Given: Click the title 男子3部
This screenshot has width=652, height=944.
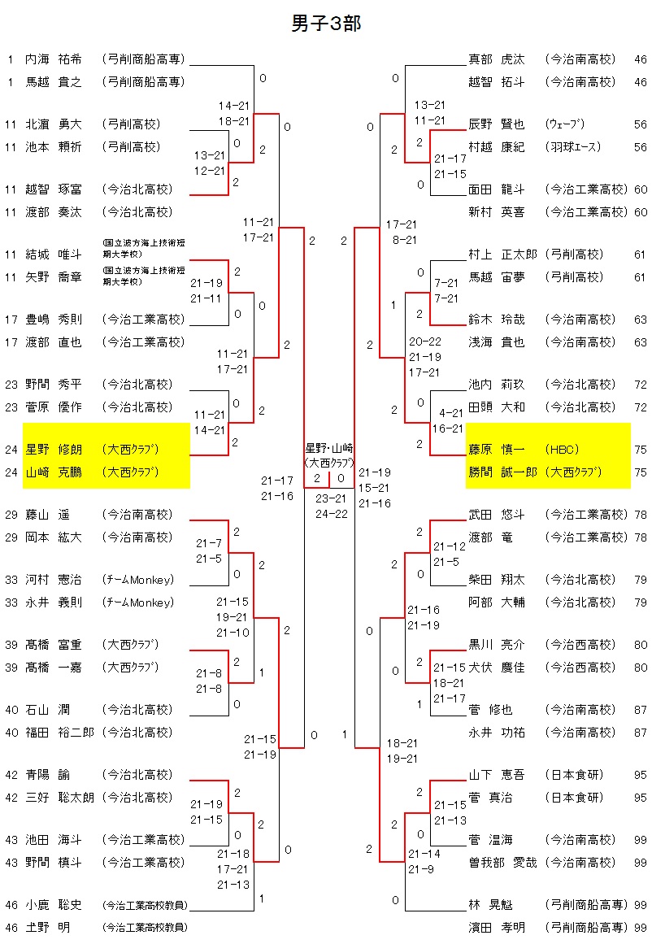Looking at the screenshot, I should tap(326, 24).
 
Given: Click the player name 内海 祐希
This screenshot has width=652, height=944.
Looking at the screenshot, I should tap(54, 59).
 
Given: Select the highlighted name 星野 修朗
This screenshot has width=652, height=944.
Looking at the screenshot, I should tap(54, 449).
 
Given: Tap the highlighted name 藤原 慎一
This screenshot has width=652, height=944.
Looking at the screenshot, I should tap(497, 449).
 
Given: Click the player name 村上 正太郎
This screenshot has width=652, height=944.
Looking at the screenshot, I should tap(503, 254).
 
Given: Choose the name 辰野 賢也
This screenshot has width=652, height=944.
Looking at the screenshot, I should tap(497, 124).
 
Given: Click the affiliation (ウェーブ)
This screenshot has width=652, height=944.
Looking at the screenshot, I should tap(567, 124).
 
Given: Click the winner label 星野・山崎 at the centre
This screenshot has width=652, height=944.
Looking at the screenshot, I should tap(329, 448).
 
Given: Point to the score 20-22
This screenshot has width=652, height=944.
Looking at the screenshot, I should tap(425, 341).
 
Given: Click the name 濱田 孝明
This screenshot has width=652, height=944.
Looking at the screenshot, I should tap(497, 928).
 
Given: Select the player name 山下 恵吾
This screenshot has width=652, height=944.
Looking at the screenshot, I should tap(497, 775).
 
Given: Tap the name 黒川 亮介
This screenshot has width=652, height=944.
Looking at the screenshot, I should tap(497, 645).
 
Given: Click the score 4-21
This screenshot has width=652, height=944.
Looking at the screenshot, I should tap(451, 413).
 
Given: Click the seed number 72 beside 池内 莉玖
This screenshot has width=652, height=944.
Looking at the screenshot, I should tap(641, 385).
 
